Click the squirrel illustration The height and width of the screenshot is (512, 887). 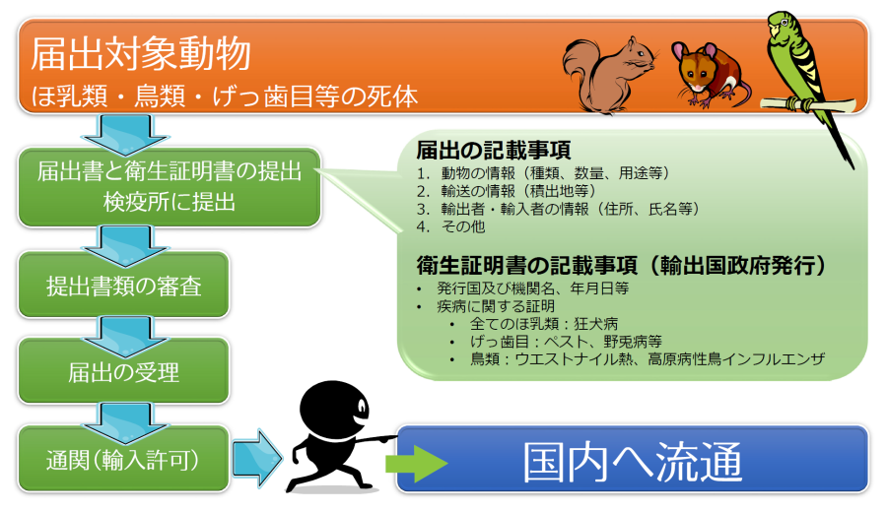click(x=609, y=75)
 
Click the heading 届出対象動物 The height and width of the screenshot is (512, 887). click(x=140, y=54)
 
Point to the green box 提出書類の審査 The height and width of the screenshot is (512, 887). click(x=123, y=285)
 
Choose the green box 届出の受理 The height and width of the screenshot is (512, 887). click(x=123, y=371)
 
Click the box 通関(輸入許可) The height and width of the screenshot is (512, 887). click(x=123, y=459)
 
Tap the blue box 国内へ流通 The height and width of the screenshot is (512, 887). click(x=633, y=460)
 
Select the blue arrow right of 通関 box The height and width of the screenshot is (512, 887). click(x=257, y=458)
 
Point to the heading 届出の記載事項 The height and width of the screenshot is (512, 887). click(x=494, y=151)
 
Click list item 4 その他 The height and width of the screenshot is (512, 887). click(x=450, y=226)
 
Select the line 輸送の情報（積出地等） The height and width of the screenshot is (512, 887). click(x=507, y=191)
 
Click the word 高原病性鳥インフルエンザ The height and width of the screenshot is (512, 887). click(x=735, y=358)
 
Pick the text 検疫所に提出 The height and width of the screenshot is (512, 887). click(x=170, y=202)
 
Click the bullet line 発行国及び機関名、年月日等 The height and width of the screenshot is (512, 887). click(x=532, y=288)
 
